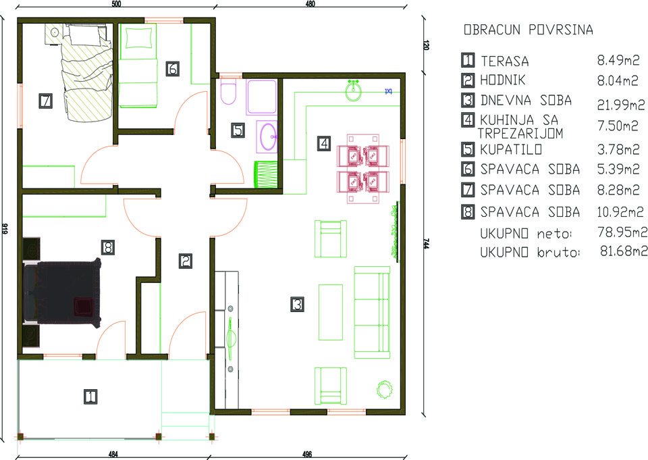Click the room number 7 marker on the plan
coord(45,101)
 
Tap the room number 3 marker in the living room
coord(297,305)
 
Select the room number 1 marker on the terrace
coord(90,397)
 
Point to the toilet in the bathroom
coord(228,93)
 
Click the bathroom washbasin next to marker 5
coord(267,136)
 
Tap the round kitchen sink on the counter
coord(353,91)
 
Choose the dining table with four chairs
coord(363,169)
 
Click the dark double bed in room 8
coord(62,293)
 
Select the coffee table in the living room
coord(330,312)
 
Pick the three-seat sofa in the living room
coord(372,312)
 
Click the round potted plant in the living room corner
coord(385,389)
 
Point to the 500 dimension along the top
coord(117,4)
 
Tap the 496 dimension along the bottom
coord(307,455)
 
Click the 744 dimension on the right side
coord(426,244)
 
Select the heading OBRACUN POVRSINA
coord(528,30)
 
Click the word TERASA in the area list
coord(505,61)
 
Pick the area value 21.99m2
coord(621,105)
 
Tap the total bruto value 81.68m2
coord(623,251)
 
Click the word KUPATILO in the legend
coord(511,149)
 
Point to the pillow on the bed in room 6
coord(138,39)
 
